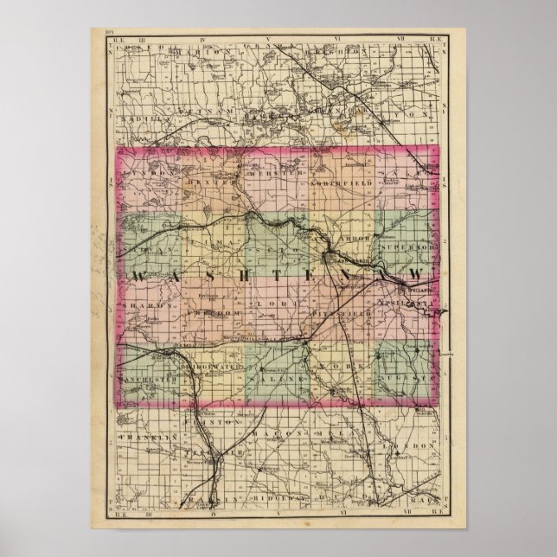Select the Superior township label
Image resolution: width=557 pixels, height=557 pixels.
[x=411, y=247]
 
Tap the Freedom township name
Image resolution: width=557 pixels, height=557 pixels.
[x=213, y=314]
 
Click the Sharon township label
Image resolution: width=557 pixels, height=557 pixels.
[x=149, y=305]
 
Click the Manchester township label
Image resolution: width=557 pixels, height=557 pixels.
[x=148, y=378]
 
